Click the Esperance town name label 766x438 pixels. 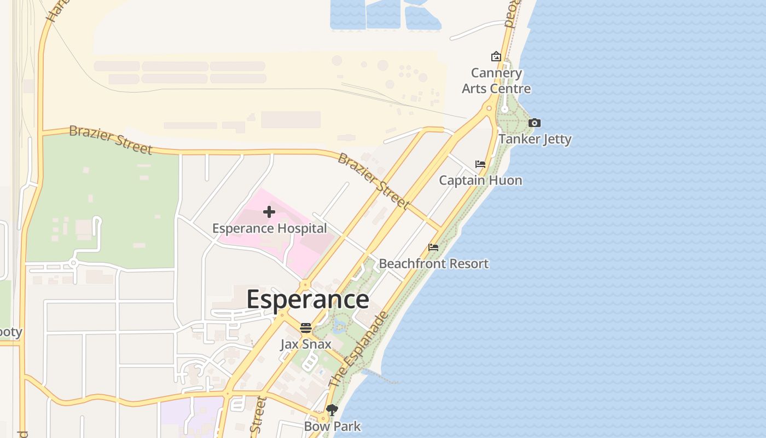click(x=307, y=299)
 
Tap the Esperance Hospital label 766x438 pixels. click(x=269, y=228)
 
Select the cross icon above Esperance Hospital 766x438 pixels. click(x=269, y=212)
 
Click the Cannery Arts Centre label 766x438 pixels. click(x=496, y=80)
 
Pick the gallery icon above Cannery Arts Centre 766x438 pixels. click(x=496, y=56)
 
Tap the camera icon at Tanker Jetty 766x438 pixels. click(x=535, y=123)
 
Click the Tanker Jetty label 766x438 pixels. click(x=535, y=139)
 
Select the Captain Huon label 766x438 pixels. click(x=480, y=180)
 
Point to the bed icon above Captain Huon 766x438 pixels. click(x=480, y=164)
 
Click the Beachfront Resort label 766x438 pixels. click(x=433, y=263)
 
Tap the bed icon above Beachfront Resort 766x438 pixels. click(x=433, y=247)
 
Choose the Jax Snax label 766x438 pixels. click(x=306, y=344)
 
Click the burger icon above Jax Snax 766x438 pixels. click(x=306, y=328)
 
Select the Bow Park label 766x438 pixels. click(x=332, y=426)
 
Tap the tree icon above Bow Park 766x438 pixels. click(x=332, y=410)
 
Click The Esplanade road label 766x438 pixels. click(x=359, y=350)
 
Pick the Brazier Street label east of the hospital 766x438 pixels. click(x=373, y=181)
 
